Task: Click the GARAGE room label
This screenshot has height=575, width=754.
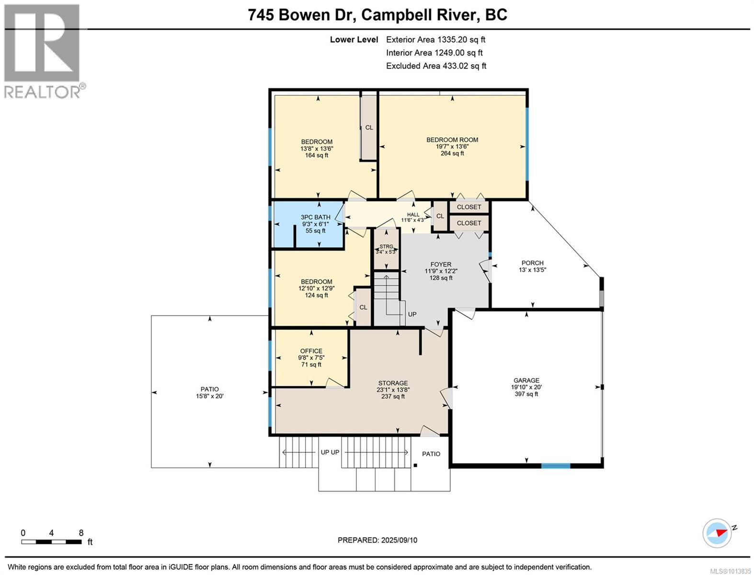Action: [526, 380]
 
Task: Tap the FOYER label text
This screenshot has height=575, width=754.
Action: [441, 264]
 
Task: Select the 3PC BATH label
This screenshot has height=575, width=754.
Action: [315, 217]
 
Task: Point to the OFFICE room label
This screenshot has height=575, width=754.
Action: [311, 351]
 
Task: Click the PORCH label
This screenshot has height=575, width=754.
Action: [532, 263]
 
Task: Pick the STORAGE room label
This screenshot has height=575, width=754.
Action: [393, 383]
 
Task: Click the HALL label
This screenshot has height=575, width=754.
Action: [413, 215]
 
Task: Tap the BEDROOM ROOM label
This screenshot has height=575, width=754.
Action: [452, 140]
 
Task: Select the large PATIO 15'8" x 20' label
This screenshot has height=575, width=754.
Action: [209, 392]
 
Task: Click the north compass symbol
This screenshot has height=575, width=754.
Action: [717, 533]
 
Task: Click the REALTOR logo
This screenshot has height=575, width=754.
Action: [43, 52]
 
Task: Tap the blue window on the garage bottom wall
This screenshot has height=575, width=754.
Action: [556, 466]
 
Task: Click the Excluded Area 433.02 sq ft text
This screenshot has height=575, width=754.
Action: [436, 66]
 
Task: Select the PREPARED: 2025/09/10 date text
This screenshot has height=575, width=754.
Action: [377, 540]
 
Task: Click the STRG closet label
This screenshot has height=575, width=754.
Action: [386, 247]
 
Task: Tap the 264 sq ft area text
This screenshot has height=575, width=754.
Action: [452, 153]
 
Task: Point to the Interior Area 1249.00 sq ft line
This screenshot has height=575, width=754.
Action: [434, 53]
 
